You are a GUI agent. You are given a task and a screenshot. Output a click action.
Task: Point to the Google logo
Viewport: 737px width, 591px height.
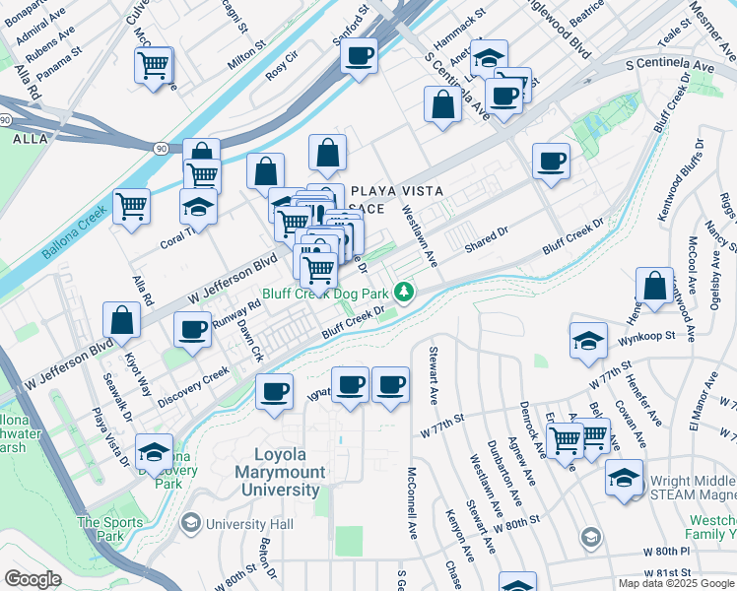[x=33, y=579]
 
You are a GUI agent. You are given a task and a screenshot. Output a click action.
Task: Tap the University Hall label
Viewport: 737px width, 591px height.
[x=236, y=522]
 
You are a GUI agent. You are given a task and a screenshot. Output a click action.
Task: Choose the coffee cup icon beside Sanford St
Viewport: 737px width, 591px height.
[x=361, y=55]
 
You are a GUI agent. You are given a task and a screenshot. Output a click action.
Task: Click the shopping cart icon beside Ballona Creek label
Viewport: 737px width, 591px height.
[x=130, y=207]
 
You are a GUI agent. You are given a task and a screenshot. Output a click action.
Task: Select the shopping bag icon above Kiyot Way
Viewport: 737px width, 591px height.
[x=121, y=319]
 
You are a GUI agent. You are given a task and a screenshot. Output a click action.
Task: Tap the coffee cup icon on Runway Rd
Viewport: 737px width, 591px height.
[x=193, y=329]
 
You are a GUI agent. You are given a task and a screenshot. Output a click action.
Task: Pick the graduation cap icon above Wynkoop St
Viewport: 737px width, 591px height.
[x=588, y=341]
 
